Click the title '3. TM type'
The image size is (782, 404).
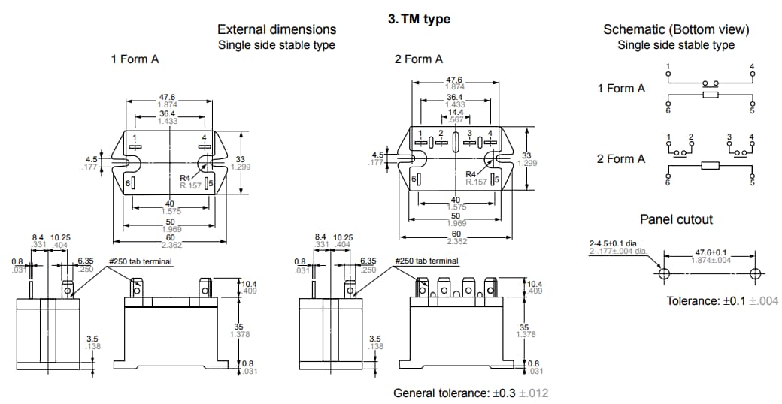pyautogui.click(x=419, y=19)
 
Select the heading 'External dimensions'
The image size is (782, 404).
pyautogui.click(x=277, y=29)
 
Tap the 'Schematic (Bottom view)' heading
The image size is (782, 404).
pyautogui.click(x=676, y=29)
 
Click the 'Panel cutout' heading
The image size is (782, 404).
pyautogui.click(x=676, y=219)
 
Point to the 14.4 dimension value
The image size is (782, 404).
pyautogui.click(x=456, y=113)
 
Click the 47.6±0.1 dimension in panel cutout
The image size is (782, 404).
pyautogui.click(x=711, y=252)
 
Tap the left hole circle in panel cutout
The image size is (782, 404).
pyautogui.click(x=663, y=273)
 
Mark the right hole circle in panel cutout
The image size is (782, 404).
pyautogui.click(x=756, y=273)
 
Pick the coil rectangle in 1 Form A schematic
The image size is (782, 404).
pyautogui.click(x=710, y=95)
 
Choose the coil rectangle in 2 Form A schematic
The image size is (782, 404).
pyautogui.click(x=710, y=165)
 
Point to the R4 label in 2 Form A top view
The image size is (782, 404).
pyautogui.click(x=471, y=174)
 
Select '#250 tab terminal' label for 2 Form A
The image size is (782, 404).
pyautogui.click(x=426, y=261)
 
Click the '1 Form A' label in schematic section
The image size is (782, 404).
pyautogui.click(x=621, y=89)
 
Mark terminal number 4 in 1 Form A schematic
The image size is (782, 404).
pyautogui.click(x=752, y=67)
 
